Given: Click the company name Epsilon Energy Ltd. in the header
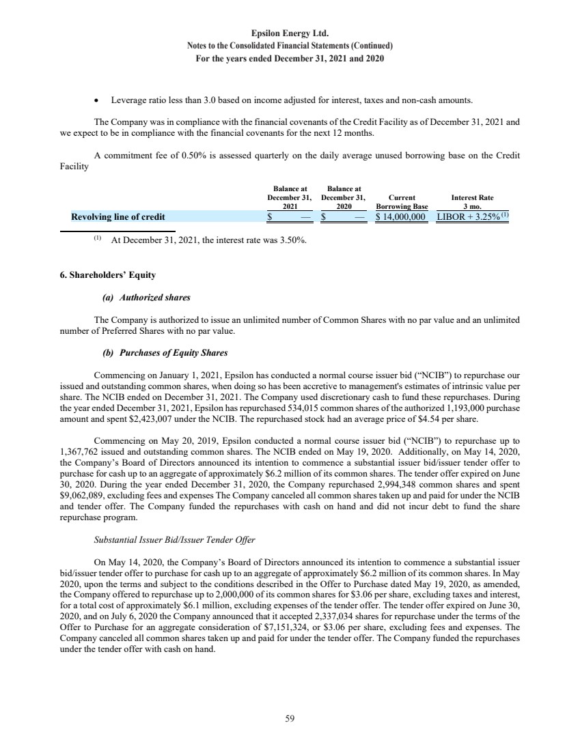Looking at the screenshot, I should coord(290,33).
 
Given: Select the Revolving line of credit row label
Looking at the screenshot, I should coord(118,217).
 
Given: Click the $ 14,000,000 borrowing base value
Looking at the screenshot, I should coord(402,217).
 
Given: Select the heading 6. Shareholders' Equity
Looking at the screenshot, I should coord(107,275).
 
